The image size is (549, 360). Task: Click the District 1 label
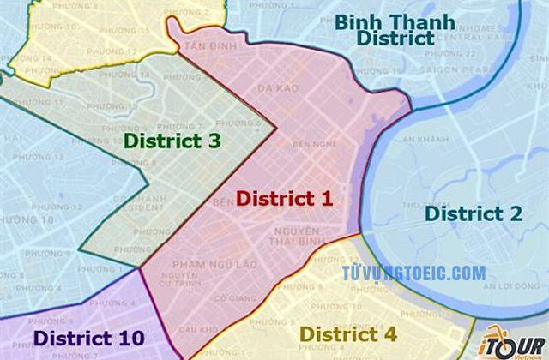pyautogui.click(x=284, y=199)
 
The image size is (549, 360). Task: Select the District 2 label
pyautogui.click(x=474, y=214)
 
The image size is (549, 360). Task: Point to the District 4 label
pyautogui.click(x=348, y=333)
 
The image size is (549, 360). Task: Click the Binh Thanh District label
pyautogui.click(x=383, y=29)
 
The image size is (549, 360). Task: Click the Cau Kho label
pyautogui.click(x=196, y=330)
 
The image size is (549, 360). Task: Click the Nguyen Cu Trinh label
pyautogui.click(x=184, y=279)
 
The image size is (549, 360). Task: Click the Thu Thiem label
pyautogui.click(x=415, y=204)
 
